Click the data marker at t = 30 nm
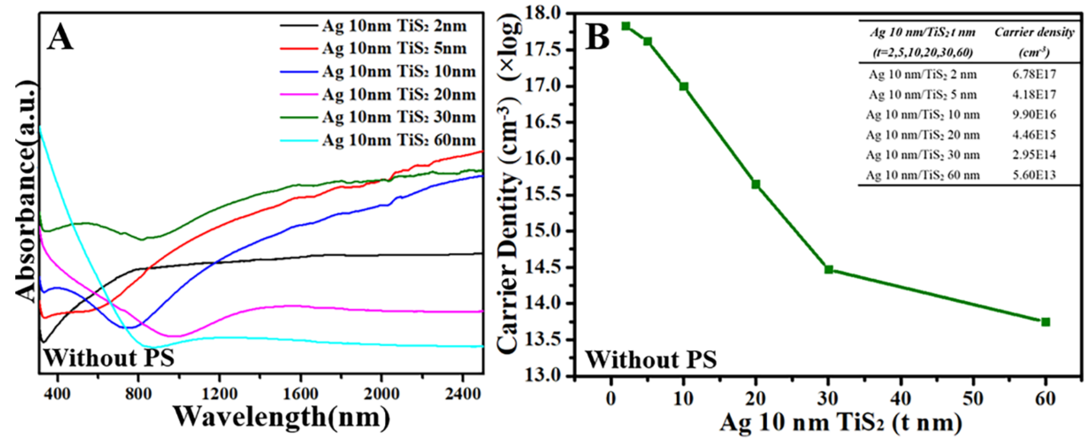[829, 269]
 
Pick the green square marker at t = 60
[1046, 322]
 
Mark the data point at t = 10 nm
[684, 87]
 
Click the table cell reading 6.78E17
[1034, 74]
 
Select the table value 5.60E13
[1034, 175]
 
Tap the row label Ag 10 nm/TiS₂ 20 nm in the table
[922, 135]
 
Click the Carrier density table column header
[1034, 42]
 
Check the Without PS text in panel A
[109, 358]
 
